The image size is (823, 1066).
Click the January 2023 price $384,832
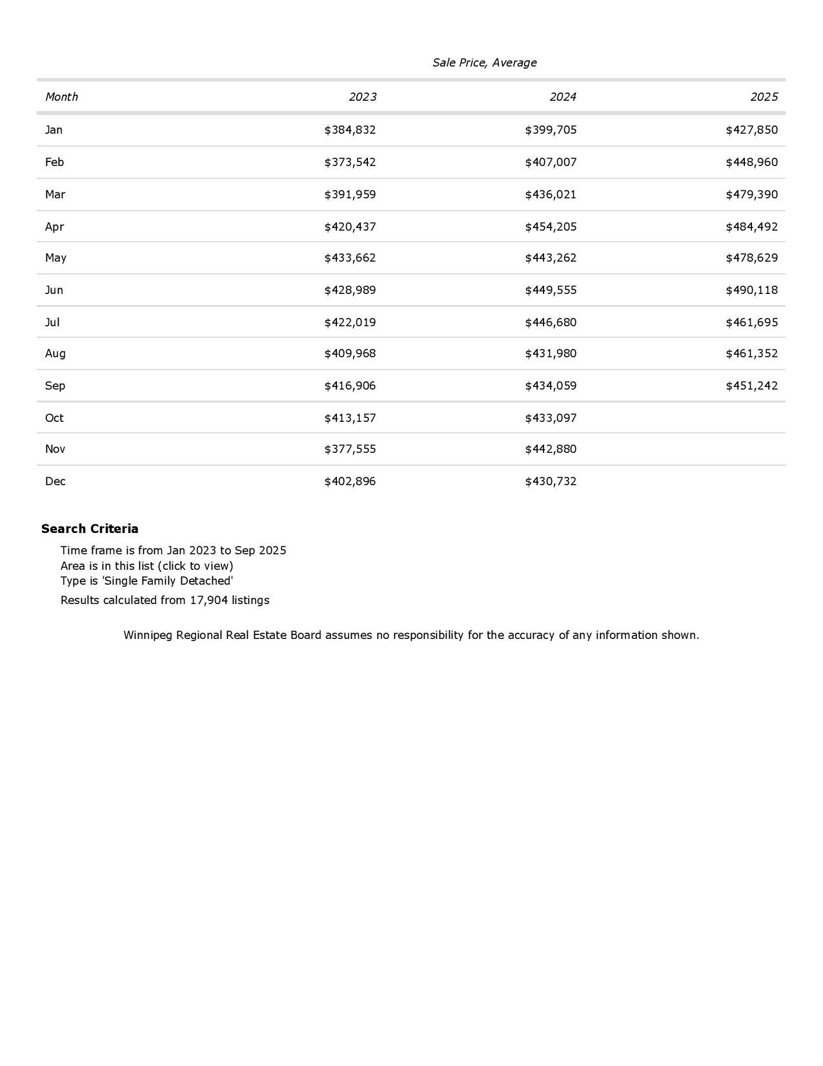tap(350, 130)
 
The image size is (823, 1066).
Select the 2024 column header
tap(562, 97)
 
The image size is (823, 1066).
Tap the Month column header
tap(61, 97)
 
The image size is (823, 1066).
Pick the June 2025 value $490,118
tap(751, 290)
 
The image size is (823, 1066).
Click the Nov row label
tap(55, 449)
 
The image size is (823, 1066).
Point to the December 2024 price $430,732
tap(551, 481)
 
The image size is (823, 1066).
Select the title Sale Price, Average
tap(484, 63)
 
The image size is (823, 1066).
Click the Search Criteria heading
tap(90, 528)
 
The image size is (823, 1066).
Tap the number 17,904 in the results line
tap(208, 600)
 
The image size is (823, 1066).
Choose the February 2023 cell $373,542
tap(350, 162)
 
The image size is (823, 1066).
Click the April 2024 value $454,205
tap(551, 227)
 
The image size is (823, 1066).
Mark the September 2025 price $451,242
tap(751, 386)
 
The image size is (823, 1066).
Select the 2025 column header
tap(764, 97)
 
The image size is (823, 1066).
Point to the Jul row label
tap(52, 322)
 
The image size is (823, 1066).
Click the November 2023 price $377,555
tap(350, 449)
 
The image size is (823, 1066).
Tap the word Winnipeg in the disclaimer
tap(148, 635)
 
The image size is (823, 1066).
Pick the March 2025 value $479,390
tap(751, 194)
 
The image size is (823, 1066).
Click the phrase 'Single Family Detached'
tap(167, 581)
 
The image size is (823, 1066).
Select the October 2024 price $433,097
tap(551, 418)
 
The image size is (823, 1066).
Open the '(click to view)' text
tap(196, 566)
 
